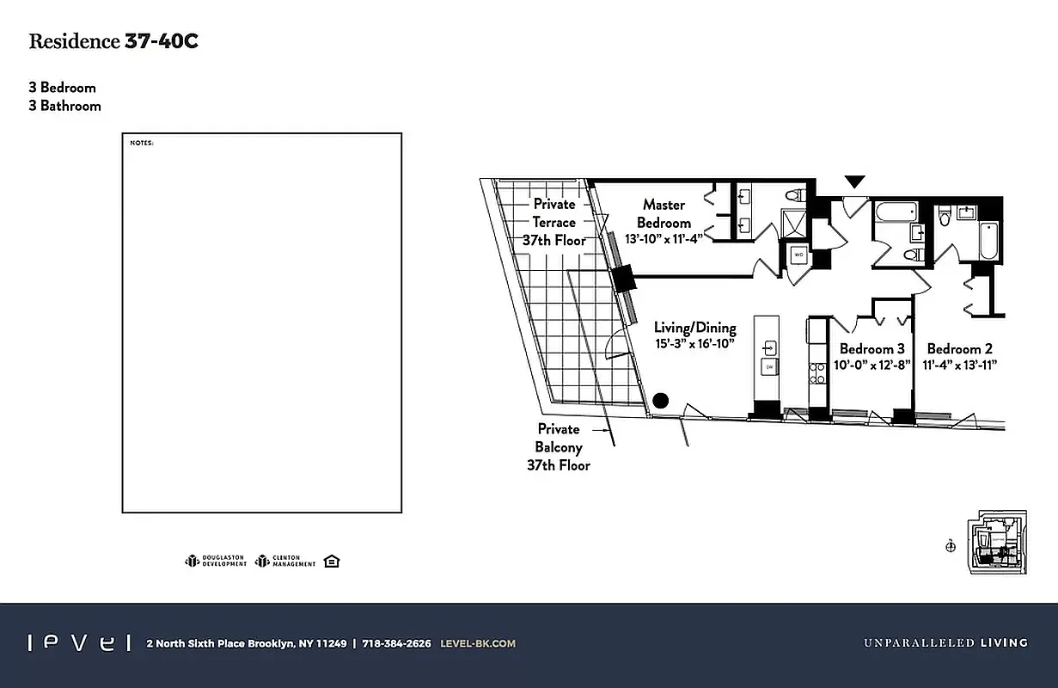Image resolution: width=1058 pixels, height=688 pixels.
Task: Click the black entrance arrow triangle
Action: [x=854, y=181]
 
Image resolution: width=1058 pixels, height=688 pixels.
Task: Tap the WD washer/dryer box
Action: [x=798, y=255]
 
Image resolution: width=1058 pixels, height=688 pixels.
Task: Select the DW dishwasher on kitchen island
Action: [x=770, y=367]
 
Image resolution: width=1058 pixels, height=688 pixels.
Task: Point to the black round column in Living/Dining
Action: [x=660, y=400]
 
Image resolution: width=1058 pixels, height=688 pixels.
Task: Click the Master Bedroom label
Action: [x=664, y=213]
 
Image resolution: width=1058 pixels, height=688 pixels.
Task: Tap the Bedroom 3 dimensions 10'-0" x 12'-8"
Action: [x=871, y=365]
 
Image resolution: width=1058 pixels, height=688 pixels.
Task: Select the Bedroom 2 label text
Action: [x=959, y=348]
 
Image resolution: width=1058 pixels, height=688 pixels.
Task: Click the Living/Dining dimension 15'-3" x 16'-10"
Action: [x=695, y=344]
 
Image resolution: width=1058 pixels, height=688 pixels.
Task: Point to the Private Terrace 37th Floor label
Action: [x=554, y=222]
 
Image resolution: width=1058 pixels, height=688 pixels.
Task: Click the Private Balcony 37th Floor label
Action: [x=559, y=446]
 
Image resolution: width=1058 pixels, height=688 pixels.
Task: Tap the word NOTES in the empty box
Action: [x=141, y=143]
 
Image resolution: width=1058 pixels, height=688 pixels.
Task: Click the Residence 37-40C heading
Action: [x=113, y=41]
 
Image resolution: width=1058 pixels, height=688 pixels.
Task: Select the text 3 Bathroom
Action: [x=64, y=106]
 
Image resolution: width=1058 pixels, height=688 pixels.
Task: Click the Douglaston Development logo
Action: [x=216, y=561]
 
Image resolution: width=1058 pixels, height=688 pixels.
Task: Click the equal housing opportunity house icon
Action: [x=333, y=561]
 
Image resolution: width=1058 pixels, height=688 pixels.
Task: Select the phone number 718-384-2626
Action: [x=396, y=643]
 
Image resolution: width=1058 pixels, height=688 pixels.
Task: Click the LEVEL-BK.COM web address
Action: [x=477, y=643]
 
